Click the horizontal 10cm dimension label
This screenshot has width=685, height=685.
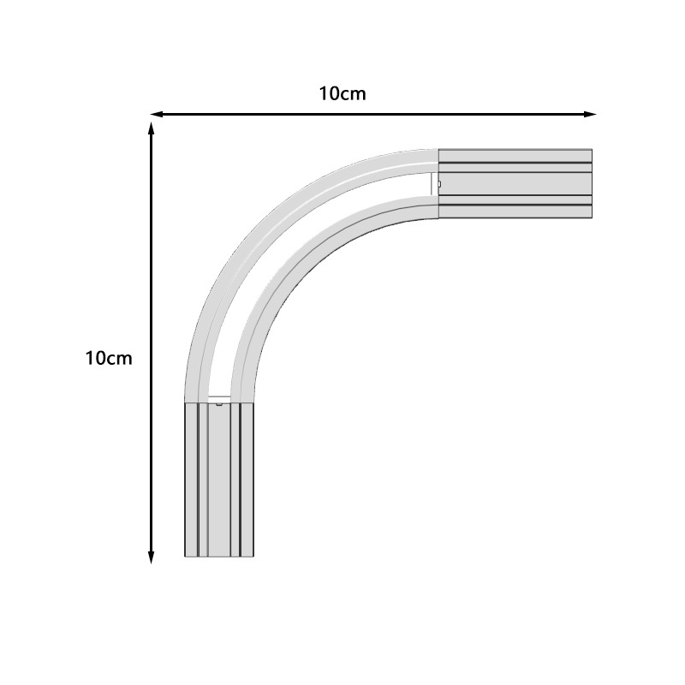tap(342, 93)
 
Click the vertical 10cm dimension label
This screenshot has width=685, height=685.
tap(109, 358)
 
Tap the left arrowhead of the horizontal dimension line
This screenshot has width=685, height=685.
tap(157, 115)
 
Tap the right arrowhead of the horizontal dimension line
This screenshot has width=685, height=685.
tap(590, 115)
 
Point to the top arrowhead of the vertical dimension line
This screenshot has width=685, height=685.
tap(152, 129)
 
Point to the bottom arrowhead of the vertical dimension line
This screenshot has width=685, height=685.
tap(152, 557)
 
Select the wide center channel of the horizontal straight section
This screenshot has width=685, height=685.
tap(515, 184)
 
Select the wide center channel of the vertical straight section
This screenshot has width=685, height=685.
tap(219, 479)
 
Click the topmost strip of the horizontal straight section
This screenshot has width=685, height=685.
tap(515, 156)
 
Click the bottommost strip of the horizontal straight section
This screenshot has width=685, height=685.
tap(515, 211)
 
